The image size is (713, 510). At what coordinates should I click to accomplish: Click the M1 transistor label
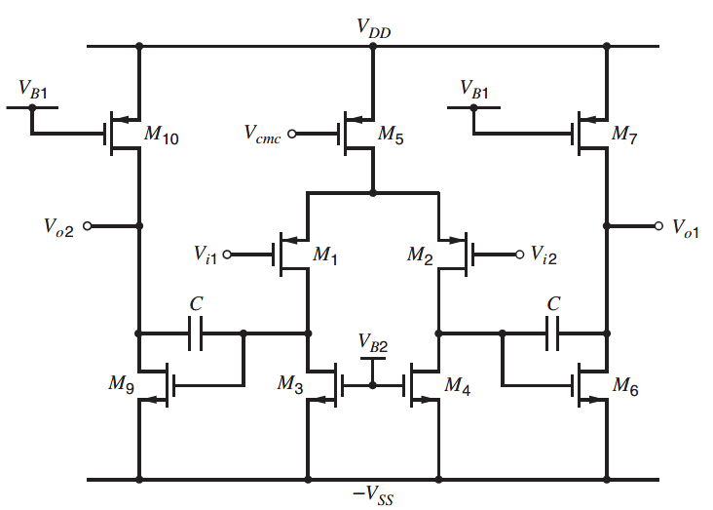(324, 256)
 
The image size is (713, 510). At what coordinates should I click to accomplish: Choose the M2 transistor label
(421, 256)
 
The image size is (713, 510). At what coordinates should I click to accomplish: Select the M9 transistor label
(122, 385)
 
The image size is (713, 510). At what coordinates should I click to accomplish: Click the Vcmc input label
(263, 136)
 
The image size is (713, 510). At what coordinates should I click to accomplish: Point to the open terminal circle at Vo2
(88, 225)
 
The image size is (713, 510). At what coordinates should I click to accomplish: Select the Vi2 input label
(546, 255)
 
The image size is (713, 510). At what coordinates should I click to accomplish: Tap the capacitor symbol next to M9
(197, 333)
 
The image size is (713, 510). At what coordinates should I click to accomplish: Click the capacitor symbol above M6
(553, 333)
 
